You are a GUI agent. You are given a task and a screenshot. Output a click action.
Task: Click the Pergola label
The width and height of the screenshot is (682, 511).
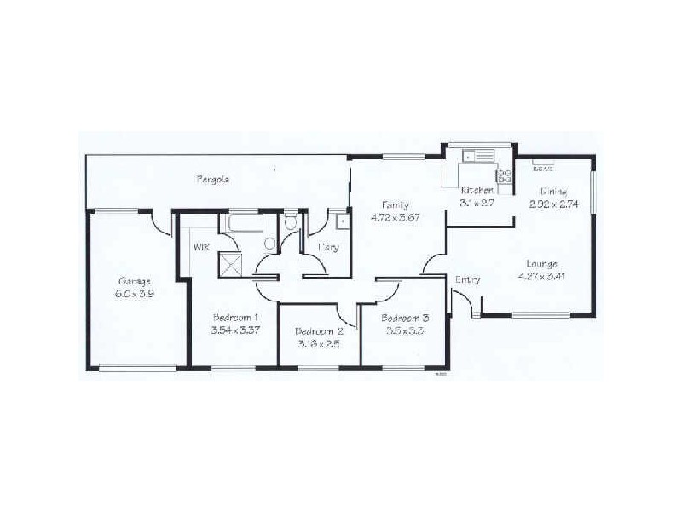coord(213,180)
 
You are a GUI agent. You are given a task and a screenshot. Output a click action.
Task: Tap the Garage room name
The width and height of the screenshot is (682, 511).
coord(135,281)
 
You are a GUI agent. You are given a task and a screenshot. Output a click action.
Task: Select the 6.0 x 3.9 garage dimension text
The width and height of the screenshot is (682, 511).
coord(135,293)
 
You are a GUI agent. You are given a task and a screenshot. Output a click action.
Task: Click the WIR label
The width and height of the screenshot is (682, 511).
coord(202,247)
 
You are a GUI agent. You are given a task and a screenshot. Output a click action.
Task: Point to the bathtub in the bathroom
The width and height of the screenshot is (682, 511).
coord(243,224)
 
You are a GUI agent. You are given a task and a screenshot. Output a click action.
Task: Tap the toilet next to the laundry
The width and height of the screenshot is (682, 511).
coord(290,224)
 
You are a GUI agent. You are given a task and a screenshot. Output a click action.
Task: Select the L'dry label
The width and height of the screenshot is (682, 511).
coord(328,247)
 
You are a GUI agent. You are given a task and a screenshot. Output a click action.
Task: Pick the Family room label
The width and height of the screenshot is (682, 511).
coord(395,205)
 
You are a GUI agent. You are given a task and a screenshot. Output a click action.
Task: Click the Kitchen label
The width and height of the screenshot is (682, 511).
coord(477,190)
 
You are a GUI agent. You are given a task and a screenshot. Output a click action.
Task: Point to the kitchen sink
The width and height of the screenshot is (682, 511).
coord(473,156)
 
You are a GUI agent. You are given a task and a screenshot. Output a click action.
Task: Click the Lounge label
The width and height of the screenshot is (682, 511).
coord(542,263)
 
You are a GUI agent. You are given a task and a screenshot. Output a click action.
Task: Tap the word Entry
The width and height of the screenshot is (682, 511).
coord(467,279)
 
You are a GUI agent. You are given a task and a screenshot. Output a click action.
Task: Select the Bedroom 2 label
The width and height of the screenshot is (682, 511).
coord(319,331)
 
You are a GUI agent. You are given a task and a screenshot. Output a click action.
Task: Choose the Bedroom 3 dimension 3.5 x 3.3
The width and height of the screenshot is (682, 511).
coord(402,331)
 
